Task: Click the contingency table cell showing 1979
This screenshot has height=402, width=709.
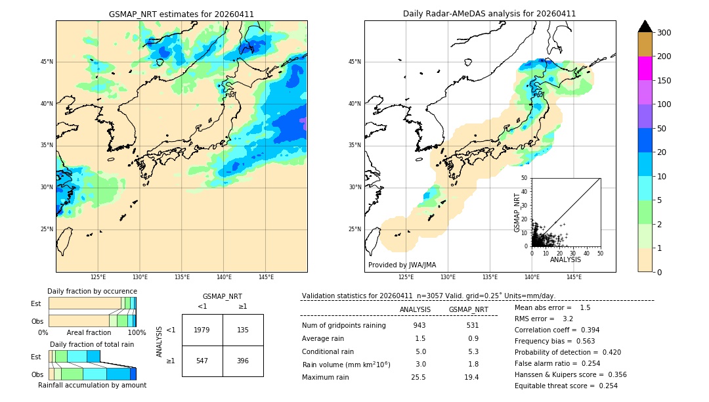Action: click(x=202, y=330)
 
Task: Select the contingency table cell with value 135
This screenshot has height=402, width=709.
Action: click(x=243, y=330)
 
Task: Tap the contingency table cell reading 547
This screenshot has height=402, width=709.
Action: click(x=202, y=361)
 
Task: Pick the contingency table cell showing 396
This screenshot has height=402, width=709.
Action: click(x=243, y=361)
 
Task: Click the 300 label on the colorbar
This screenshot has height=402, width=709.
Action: click(x=664, y=33)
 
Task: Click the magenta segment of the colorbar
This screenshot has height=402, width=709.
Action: click(x=645, y=68)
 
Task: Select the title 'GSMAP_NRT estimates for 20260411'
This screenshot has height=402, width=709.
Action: click(x=181, y=14)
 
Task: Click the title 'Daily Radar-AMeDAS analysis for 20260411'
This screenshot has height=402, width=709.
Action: click(x=489, y=14)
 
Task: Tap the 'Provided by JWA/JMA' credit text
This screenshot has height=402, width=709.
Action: click(x=402, y=265)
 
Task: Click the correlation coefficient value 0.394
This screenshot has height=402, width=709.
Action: click(x=586, y=330)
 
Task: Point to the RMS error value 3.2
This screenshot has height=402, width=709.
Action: click(x=569, y=319)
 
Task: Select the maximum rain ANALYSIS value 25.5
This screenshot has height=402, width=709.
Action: click(x=419, y=377)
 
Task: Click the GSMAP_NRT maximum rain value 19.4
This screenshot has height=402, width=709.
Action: click(x=471, y=377)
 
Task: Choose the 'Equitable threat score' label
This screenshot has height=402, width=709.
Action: click(x=555, y=386)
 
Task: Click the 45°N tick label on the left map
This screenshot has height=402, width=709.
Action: click(x=47, y=62)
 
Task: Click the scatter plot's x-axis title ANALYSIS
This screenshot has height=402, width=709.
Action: click(x=565, y=259)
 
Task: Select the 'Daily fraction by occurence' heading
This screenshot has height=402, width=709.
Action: click(x=92, y=291)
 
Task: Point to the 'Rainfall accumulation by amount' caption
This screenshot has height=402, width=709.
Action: click(x=92, y=386)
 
